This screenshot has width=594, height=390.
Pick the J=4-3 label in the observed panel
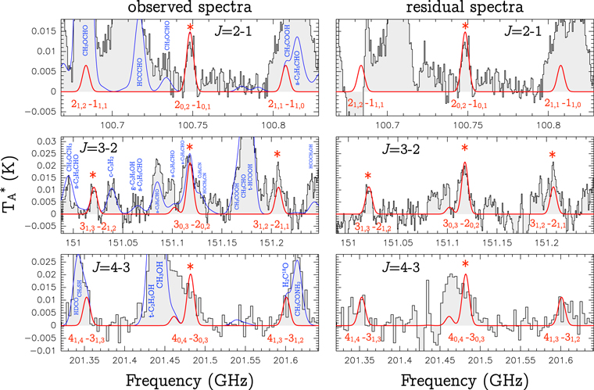tap(98, 265)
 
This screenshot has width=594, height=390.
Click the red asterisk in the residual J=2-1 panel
tap(465, 28)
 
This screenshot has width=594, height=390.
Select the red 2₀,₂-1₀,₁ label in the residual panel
tap(465, 105)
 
